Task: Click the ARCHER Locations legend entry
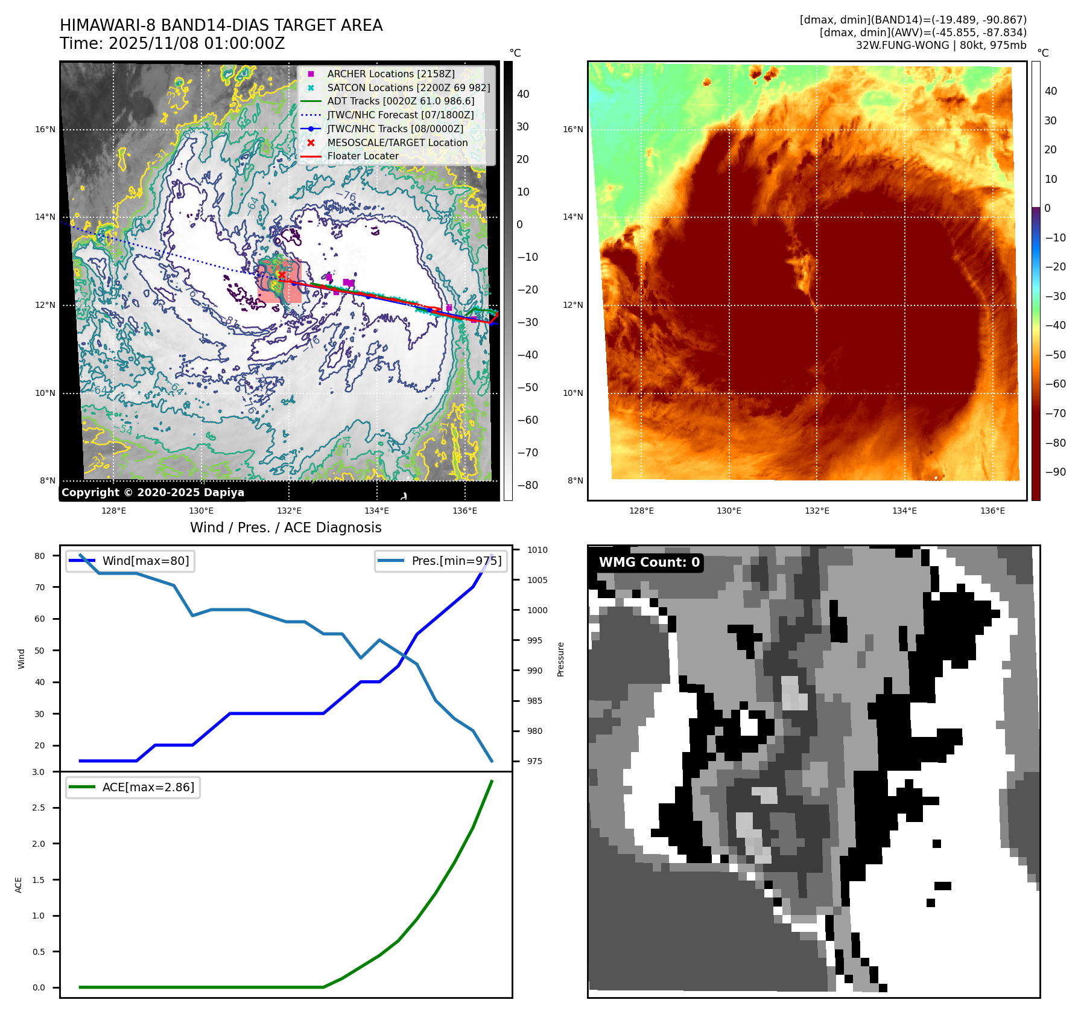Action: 390,74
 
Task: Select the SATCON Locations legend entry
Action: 408,88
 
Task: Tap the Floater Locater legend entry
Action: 363,156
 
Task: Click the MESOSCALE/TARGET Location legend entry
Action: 397,142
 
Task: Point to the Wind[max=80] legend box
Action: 130,561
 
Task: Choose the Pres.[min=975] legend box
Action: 440,561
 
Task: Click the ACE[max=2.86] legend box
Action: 133,787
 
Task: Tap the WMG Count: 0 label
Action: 649,563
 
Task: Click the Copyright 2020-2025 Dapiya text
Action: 153,492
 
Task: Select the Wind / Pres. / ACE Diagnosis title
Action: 285,528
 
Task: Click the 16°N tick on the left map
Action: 45,129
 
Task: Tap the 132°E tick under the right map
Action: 817,511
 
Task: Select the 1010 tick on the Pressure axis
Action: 537,550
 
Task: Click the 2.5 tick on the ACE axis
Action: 39,808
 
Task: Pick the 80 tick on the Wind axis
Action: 40,556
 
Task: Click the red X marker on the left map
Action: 282,275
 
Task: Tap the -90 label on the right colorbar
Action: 1055,472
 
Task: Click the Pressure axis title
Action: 560,659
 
